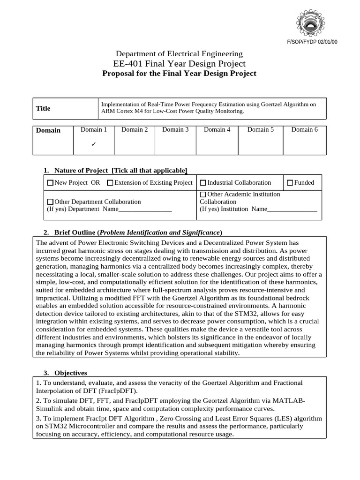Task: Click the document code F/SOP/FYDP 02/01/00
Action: tap(312, 42)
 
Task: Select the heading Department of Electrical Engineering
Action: tap(179, 54)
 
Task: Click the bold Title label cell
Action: tap(43, 108)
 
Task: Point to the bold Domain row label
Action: tap(48, 130)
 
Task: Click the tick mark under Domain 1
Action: tap(94, 144)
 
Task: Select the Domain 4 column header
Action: tap(217, 130)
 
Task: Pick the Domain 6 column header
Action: tap(304, 130)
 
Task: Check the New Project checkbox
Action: tap(51, 183)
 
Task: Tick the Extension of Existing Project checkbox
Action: tap(110, 183)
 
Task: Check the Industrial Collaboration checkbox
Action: tap(203, 183)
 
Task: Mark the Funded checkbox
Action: tap(290, 183)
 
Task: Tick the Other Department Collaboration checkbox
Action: tap(51, 202)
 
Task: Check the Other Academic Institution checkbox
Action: tap(203, 195)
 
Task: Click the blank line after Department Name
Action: tap(145, 210)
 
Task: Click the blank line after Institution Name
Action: tap(292, 210)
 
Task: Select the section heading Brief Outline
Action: tap(75, 232)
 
